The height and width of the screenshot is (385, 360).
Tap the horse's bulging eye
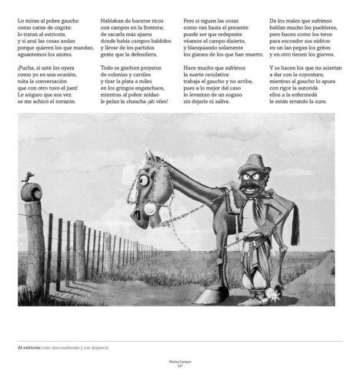point(142,181)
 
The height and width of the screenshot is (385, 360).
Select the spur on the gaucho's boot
point(272,296)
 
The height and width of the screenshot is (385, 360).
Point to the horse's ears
point(155,158)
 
